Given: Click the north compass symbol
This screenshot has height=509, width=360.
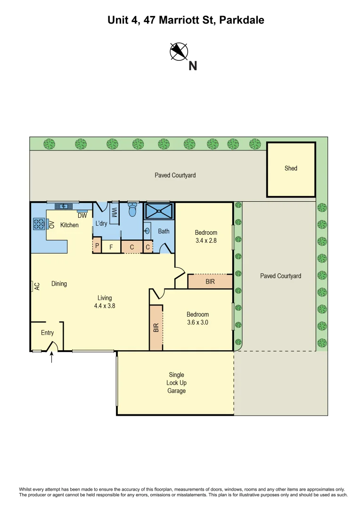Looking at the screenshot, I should click(x=179, y=51).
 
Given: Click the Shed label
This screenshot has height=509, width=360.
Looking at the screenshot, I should click(x=291, y=168).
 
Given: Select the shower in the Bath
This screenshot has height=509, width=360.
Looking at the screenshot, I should click(x=159, y=211).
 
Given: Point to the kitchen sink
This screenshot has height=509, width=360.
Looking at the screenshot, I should click(x=63, y=206).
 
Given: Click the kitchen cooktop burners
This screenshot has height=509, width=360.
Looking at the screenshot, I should click(x=39, y=224).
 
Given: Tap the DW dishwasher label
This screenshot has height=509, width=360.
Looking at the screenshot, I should click(x=82, y=216).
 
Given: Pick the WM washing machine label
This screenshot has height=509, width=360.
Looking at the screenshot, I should click(x=114, y=211).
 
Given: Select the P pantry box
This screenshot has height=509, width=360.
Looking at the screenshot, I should click(x=97, y=246).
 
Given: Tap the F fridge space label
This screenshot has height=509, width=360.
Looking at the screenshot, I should click(x=111, y=246).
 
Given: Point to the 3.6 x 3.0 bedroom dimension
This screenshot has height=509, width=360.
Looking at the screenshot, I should click(x=197, y=323).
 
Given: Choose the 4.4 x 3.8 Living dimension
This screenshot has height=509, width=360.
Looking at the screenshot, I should click(x=105, y=305).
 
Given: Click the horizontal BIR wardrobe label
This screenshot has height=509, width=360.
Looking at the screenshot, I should click(x=210, y=282).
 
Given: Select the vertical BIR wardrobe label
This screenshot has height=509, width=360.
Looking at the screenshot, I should click(x=156, y=328).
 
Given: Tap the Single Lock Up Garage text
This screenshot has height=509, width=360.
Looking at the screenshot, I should click(x=176, y=383).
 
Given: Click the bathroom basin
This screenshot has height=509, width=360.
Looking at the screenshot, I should click(x=147, y=231).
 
